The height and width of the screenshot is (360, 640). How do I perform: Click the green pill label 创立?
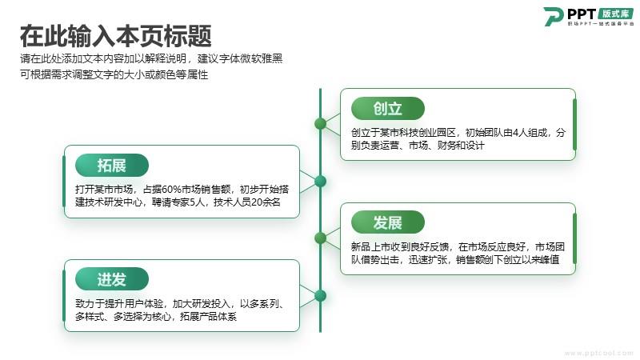click(x=388, y=109)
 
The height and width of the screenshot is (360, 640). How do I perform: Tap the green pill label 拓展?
click(x=112, y=166)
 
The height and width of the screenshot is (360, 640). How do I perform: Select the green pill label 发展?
click(x=388, y=222)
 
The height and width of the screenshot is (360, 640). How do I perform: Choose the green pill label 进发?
click(x=112, y=279)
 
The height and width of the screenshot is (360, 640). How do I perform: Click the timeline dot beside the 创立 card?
click(x=321, y=124)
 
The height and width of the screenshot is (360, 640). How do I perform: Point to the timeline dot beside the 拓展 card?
click(x=321, y=182)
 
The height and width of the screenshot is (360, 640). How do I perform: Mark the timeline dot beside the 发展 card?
click(x=321, y=238)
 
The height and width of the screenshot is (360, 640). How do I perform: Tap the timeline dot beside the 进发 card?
click(x=321, y=295)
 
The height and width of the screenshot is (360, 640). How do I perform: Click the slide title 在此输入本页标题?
click(x=116, y=36)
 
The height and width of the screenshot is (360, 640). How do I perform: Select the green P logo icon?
click(x=554, y=17)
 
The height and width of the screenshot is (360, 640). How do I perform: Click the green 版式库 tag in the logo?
click(x=615, y=14)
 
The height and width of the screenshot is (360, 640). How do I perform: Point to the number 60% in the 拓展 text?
click(x=171, y=190)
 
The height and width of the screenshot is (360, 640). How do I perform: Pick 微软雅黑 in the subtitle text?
click(x=262, y=58)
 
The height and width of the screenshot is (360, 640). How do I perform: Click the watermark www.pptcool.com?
click(x=598, y=353)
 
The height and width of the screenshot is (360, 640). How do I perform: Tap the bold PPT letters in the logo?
click(x=582, y=14)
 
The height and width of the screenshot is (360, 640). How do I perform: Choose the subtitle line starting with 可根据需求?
click(x=114, y=74)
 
